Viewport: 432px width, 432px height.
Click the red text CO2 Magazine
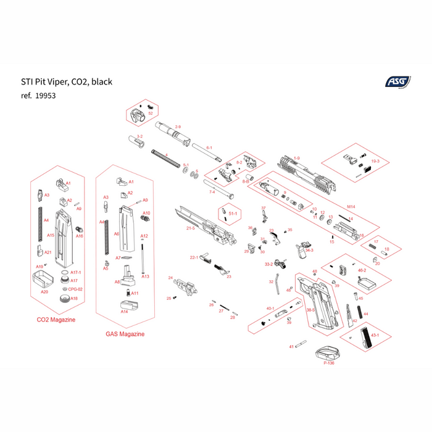[57, 320]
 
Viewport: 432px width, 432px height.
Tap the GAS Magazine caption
[125, 334]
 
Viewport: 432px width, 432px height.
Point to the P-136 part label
[328, 363]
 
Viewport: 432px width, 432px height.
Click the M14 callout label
[351, 207]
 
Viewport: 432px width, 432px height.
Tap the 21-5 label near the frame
[191, 228]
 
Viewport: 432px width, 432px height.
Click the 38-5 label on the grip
[311, 310]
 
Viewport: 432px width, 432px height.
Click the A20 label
[44, 291]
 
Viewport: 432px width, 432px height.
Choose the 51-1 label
[233, 214]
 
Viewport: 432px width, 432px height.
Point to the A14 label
[124, 312]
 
